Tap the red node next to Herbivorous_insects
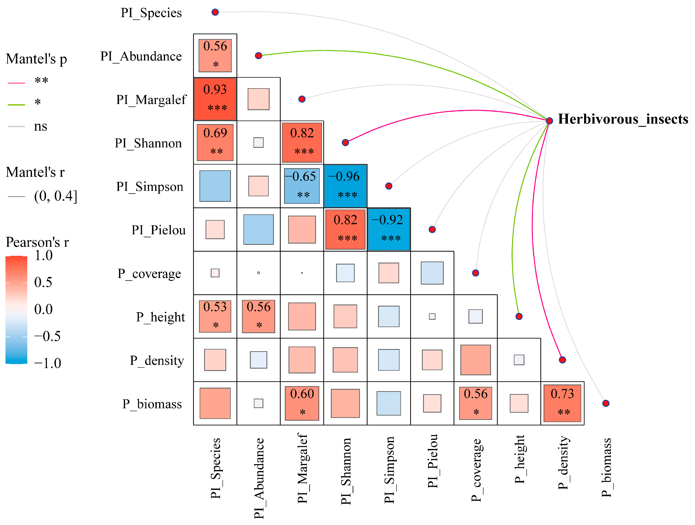coord(549,121)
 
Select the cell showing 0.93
coord(215,99)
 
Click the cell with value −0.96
coord(345,186)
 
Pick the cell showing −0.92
coord(389,229)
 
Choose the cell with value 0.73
coord(562,403)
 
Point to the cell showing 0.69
coord(215,143)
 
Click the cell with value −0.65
coord(302,186)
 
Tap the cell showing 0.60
coord(302,403)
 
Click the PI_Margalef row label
coord(151,100)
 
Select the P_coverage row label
coord(149,274)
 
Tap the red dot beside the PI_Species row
coord(215,12)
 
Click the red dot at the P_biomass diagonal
coord(606,403)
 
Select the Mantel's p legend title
coord(36,59)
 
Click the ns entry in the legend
coord(41,126)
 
